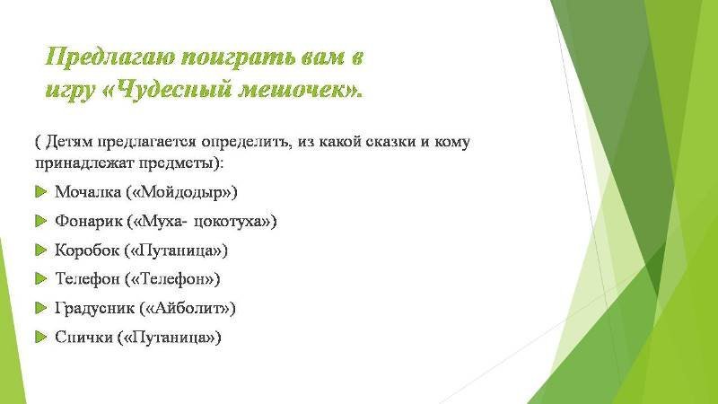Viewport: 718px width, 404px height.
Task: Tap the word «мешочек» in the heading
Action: click(x=293, y=89)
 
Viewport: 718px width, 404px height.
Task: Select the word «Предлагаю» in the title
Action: click(x=109, y=57)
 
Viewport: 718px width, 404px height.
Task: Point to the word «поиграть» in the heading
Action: click(x=237, y=58)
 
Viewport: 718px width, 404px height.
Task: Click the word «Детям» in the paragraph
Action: click(x=70, y=142)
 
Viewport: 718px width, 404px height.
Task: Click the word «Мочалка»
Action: click(x=88, y=191)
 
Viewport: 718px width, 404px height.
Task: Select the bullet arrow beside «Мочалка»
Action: click(x=40, y=191)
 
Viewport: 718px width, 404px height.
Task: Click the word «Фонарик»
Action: click(x=89, y=221)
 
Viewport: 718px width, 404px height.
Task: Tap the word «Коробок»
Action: click(x=87, y=250)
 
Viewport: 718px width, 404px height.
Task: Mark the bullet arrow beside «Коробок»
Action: click(x=40, y=250)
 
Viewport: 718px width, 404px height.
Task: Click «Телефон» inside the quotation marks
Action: click(x=172, y=279)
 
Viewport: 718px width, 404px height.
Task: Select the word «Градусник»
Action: click(x=95, y=308)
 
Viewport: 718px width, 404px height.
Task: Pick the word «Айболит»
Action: click(x=188, y=308)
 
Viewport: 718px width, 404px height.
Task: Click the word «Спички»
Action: click(x=83, y=338)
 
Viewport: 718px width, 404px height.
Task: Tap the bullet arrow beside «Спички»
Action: click(x=40, y=338)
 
